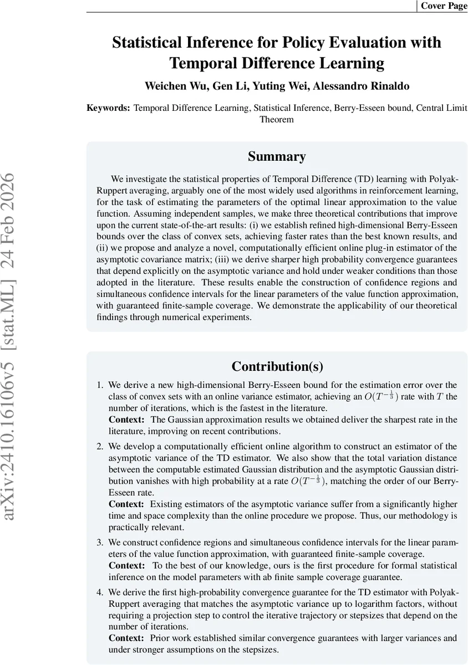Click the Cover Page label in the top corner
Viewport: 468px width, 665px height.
444,6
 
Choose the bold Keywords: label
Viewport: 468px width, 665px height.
109,108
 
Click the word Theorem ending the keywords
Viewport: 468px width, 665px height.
277,119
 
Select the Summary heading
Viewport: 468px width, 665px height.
277,156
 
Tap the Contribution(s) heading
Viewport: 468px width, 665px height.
277,366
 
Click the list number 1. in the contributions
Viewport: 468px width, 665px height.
100,385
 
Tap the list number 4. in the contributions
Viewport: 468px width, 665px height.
100,592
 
